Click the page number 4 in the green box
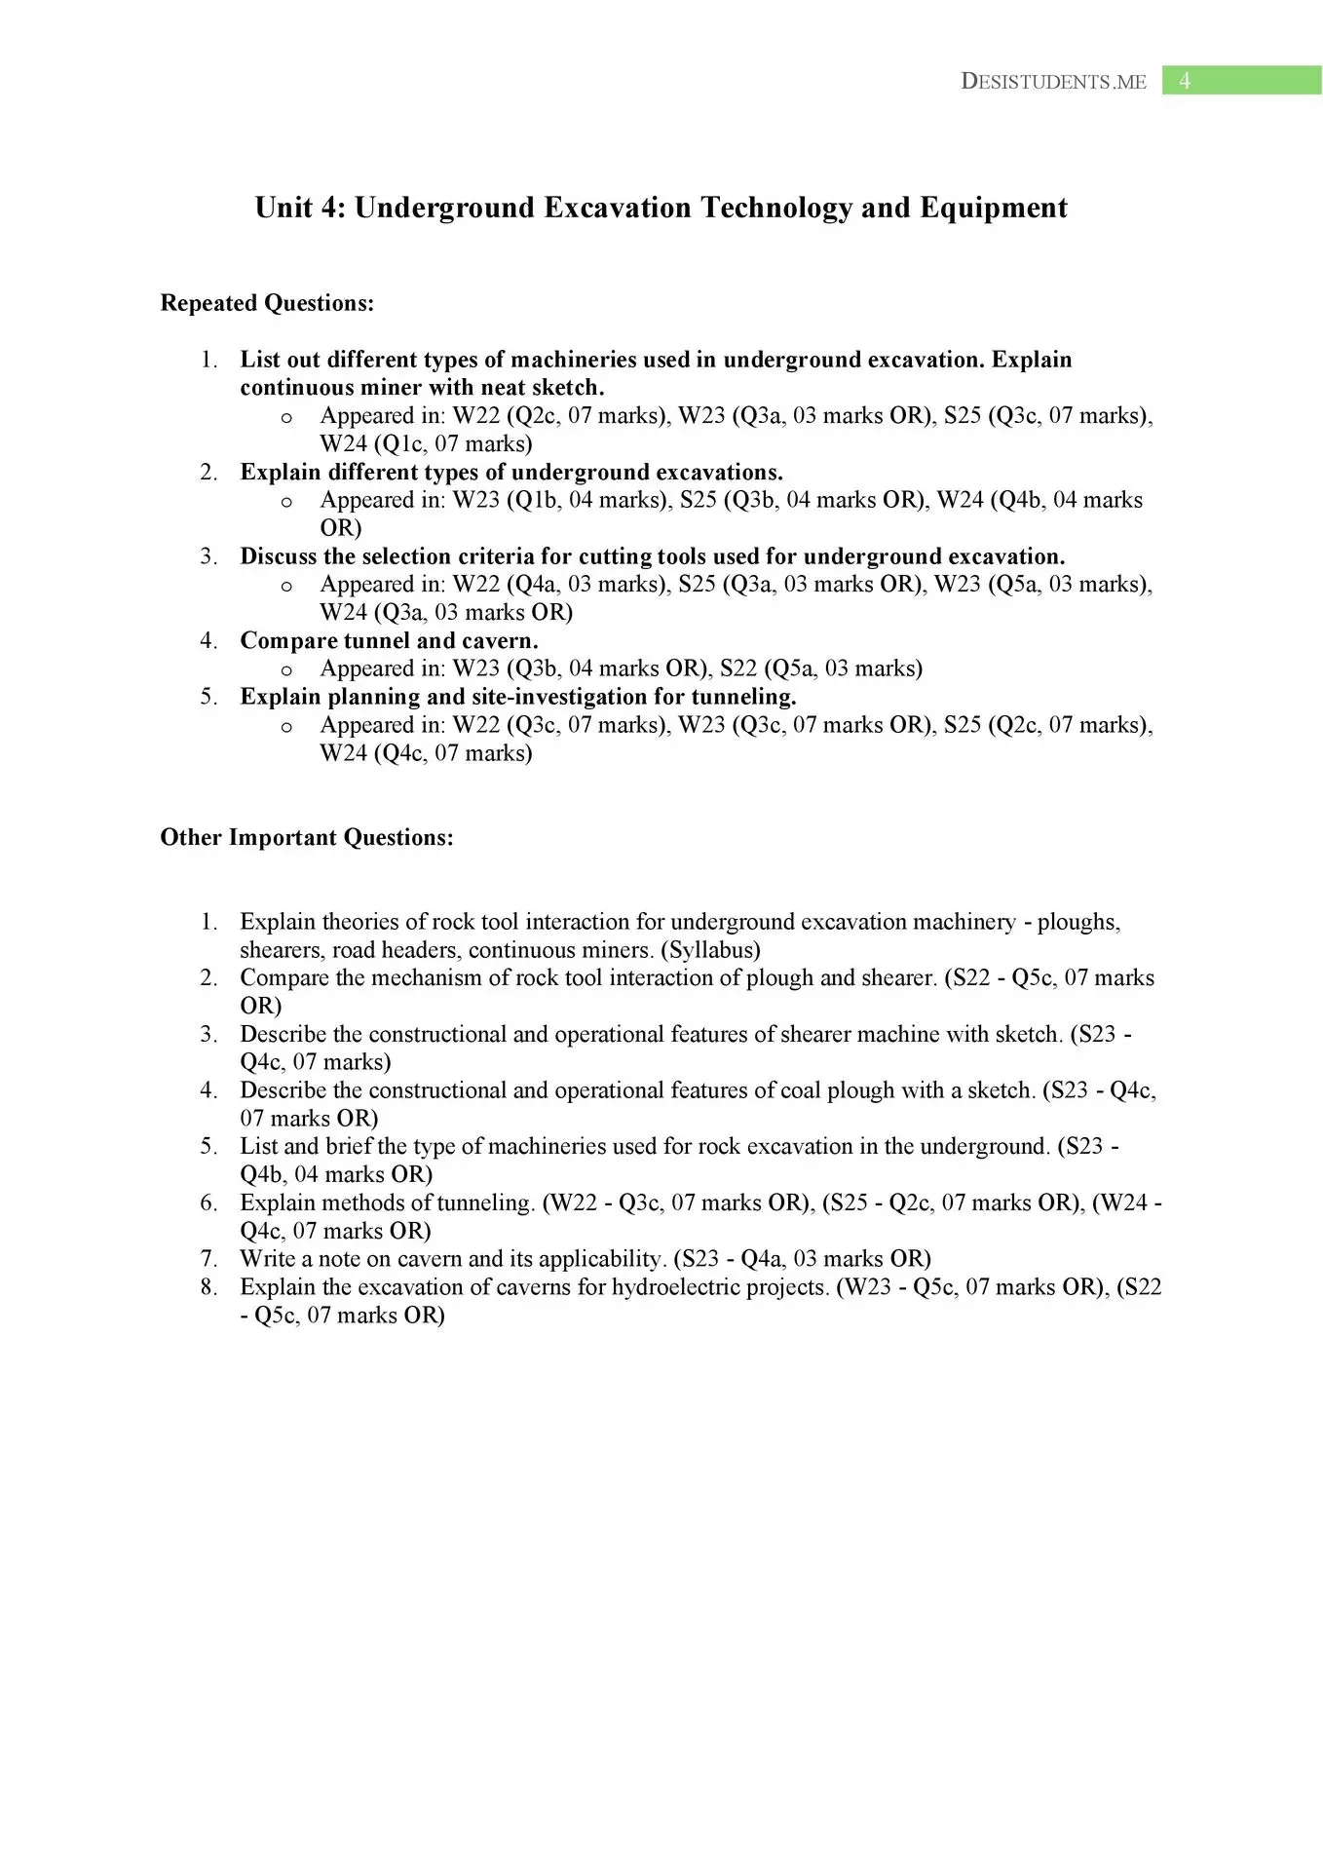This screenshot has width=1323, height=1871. [1184, 81]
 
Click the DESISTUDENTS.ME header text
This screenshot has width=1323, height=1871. [1053, 82]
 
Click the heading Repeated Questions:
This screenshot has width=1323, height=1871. [267, 303]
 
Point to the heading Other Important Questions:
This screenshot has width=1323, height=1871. [307, 838]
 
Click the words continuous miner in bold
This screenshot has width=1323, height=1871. [331, 388]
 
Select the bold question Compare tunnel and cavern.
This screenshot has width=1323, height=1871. [389, 640]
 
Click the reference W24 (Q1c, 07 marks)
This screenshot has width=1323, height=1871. [426, 444]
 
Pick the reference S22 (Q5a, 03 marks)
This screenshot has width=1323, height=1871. [820, 668]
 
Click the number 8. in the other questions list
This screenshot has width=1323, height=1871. [209, 1287]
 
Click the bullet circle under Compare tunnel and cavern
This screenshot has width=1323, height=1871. [286, 669]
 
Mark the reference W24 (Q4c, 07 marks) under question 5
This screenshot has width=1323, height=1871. [426, 753]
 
